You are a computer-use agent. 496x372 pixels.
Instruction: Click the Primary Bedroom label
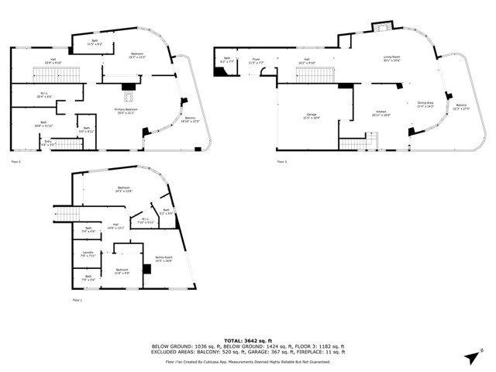[126, 111]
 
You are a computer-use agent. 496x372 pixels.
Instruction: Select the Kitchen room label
[381, 114]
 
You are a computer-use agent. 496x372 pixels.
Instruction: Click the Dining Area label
[425, 104]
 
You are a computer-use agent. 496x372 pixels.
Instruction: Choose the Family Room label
[163, 260]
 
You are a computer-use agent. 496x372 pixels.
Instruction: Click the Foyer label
[256, 59]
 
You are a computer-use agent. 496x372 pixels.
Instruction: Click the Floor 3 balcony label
[461, 106]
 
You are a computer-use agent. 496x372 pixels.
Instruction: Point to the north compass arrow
[471, 354]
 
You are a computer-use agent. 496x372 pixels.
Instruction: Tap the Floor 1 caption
[77, 300]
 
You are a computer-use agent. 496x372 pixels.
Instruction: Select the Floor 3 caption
[281, 161]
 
